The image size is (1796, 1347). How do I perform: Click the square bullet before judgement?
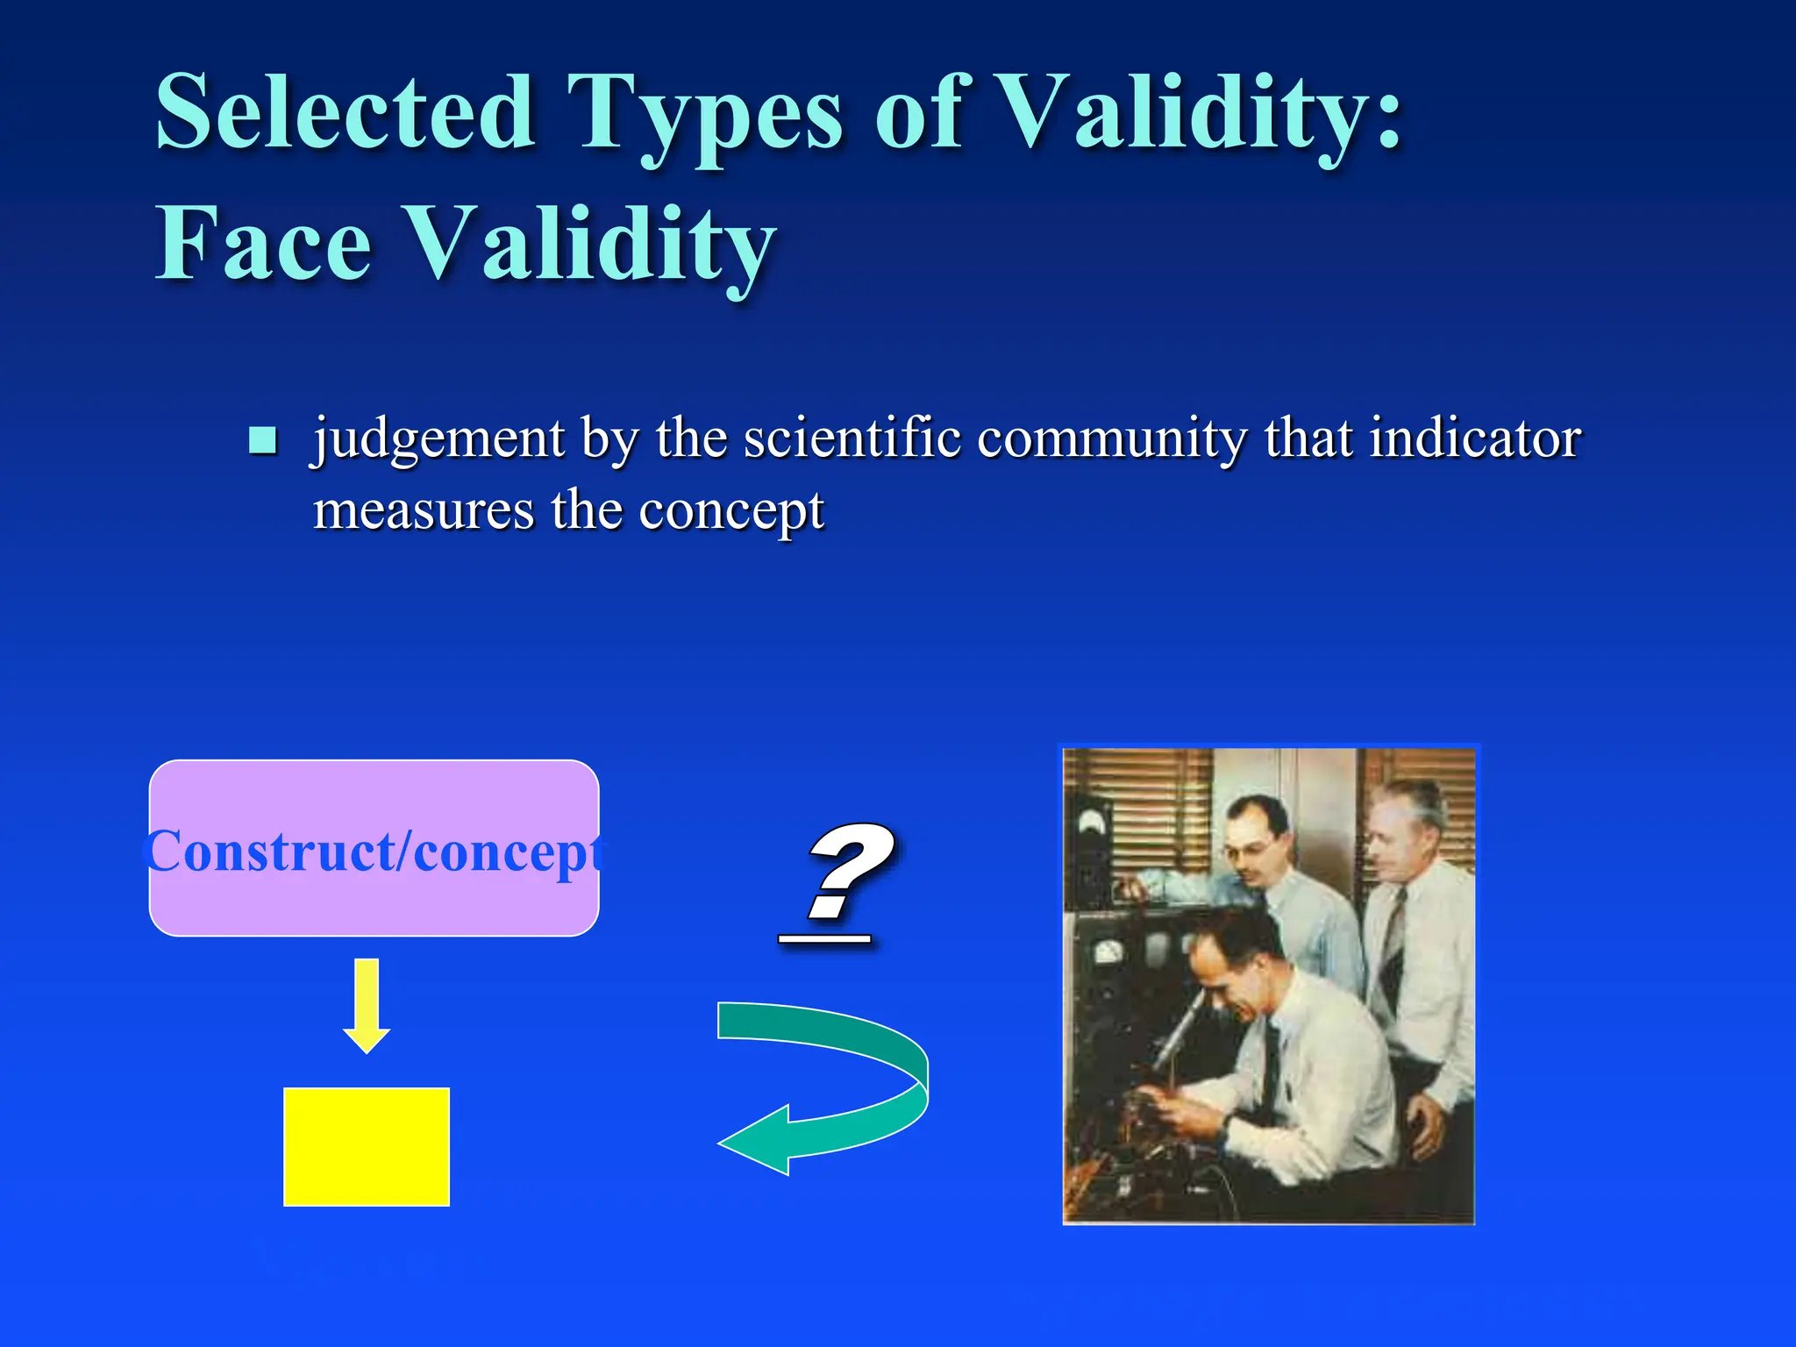coord(262,439)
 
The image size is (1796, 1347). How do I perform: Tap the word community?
coord(1111,438)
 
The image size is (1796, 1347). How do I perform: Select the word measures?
coord(424,510)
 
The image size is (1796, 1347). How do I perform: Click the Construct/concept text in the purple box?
coord(374,851)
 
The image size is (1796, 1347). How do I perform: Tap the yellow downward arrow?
coord(367,1005)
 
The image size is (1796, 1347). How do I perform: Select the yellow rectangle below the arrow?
coord(367,1147)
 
